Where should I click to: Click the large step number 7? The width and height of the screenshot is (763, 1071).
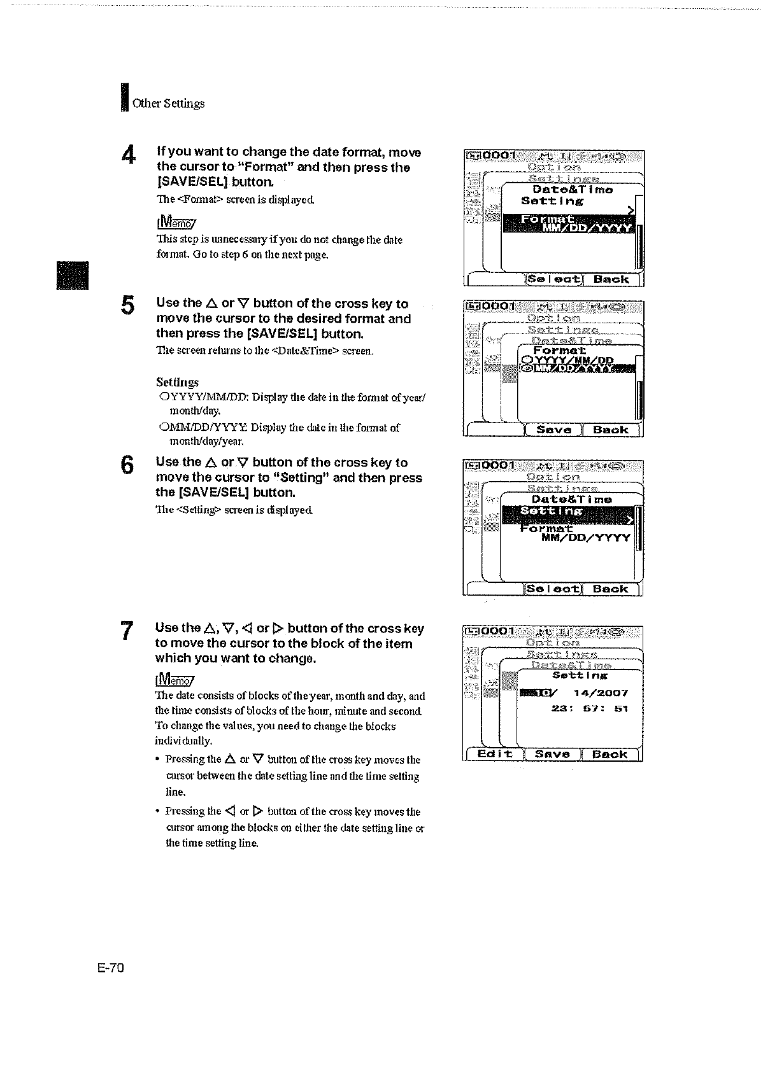pos(127,631)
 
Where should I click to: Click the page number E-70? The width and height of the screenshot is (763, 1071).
pos(110,969)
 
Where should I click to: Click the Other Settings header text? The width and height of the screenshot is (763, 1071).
pos(168,103)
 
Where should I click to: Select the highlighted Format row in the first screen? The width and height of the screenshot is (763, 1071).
pos(569,224)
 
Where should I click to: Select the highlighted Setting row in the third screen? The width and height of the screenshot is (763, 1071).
pos(569,512)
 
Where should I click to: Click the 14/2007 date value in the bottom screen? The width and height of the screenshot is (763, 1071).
pos(599,693)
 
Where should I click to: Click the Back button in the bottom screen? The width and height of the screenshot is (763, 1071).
pos(610,754)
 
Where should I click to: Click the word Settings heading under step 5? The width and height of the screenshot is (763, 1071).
pos(177,382)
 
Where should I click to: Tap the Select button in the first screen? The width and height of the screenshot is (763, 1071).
pos(553,279)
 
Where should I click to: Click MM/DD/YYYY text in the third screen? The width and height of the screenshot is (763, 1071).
pos(585,538)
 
